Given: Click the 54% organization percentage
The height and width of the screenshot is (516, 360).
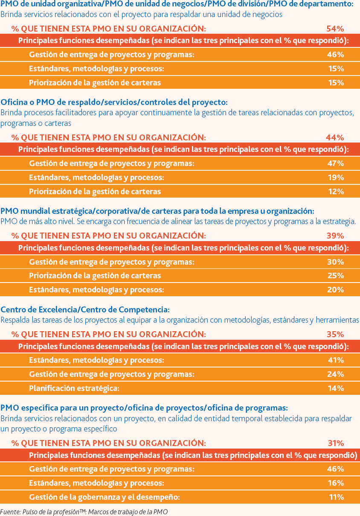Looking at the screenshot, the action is pos(335,29).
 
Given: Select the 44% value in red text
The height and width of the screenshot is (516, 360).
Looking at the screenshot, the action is pos(335,137).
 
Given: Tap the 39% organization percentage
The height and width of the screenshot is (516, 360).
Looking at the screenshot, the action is pos(335,236).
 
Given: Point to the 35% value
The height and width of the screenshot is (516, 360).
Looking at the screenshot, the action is pos(335,334).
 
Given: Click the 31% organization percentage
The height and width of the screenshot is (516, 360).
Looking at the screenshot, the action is pos(336,443).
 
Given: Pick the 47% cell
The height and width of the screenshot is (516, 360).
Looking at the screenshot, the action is pos(336,163).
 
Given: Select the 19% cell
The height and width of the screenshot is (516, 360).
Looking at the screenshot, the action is pos(336,178).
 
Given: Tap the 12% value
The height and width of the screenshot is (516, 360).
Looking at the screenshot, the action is pos(336,192).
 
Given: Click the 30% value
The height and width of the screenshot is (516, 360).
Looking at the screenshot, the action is pos(336,262).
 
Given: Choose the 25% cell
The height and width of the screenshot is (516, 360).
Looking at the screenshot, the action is pos(336,276).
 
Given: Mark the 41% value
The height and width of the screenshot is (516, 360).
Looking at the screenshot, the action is pos(336,360).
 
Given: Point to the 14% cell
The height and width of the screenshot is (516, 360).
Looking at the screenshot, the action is pos(336,388).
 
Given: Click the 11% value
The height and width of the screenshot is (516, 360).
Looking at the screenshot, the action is pos(337,497).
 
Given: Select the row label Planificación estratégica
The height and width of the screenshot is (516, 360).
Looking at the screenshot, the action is pos(74,388).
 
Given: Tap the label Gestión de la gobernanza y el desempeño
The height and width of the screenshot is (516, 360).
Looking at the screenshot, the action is pos(104,497).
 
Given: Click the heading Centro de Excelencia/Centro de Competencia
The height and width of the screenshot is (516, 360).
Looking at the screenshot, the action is pos(85,309).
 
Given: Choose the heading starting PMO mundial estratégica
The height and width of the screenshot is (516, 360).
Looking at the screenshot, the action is pos(157,211).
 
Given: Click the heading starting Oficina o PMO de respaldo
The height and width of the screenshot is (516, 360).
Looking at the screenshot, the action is pos(114,102).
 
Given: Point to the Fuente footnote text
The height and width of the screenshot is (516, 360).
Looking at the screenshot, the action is pos(84,512).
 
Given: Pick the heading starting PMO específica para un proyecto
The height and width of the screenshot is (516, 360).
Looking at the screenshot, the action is pos(144,408).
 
